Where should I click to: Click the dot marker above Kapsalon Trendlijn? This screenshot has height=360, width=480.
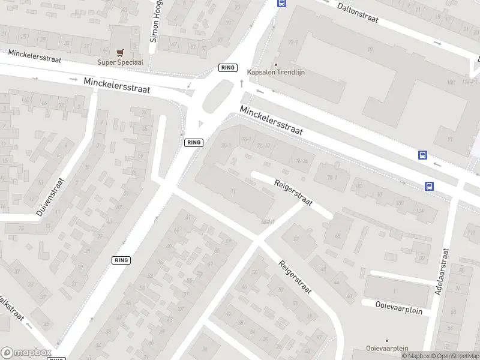[x=276, y=64]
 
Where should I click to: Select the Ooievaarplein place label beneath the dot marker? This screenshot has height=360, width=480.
[x=387, y=349]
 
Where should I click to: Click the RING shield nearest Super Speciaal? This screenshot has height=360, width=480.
[x=227, y=68]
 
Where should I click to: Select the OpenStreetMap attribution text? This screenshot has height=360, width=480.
[x=453, y=356]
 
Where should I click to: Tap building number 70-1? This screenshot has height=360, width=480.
[x=226, y=146]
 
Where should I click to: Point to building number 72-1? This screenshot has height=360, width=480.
[x=293, y=43]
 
